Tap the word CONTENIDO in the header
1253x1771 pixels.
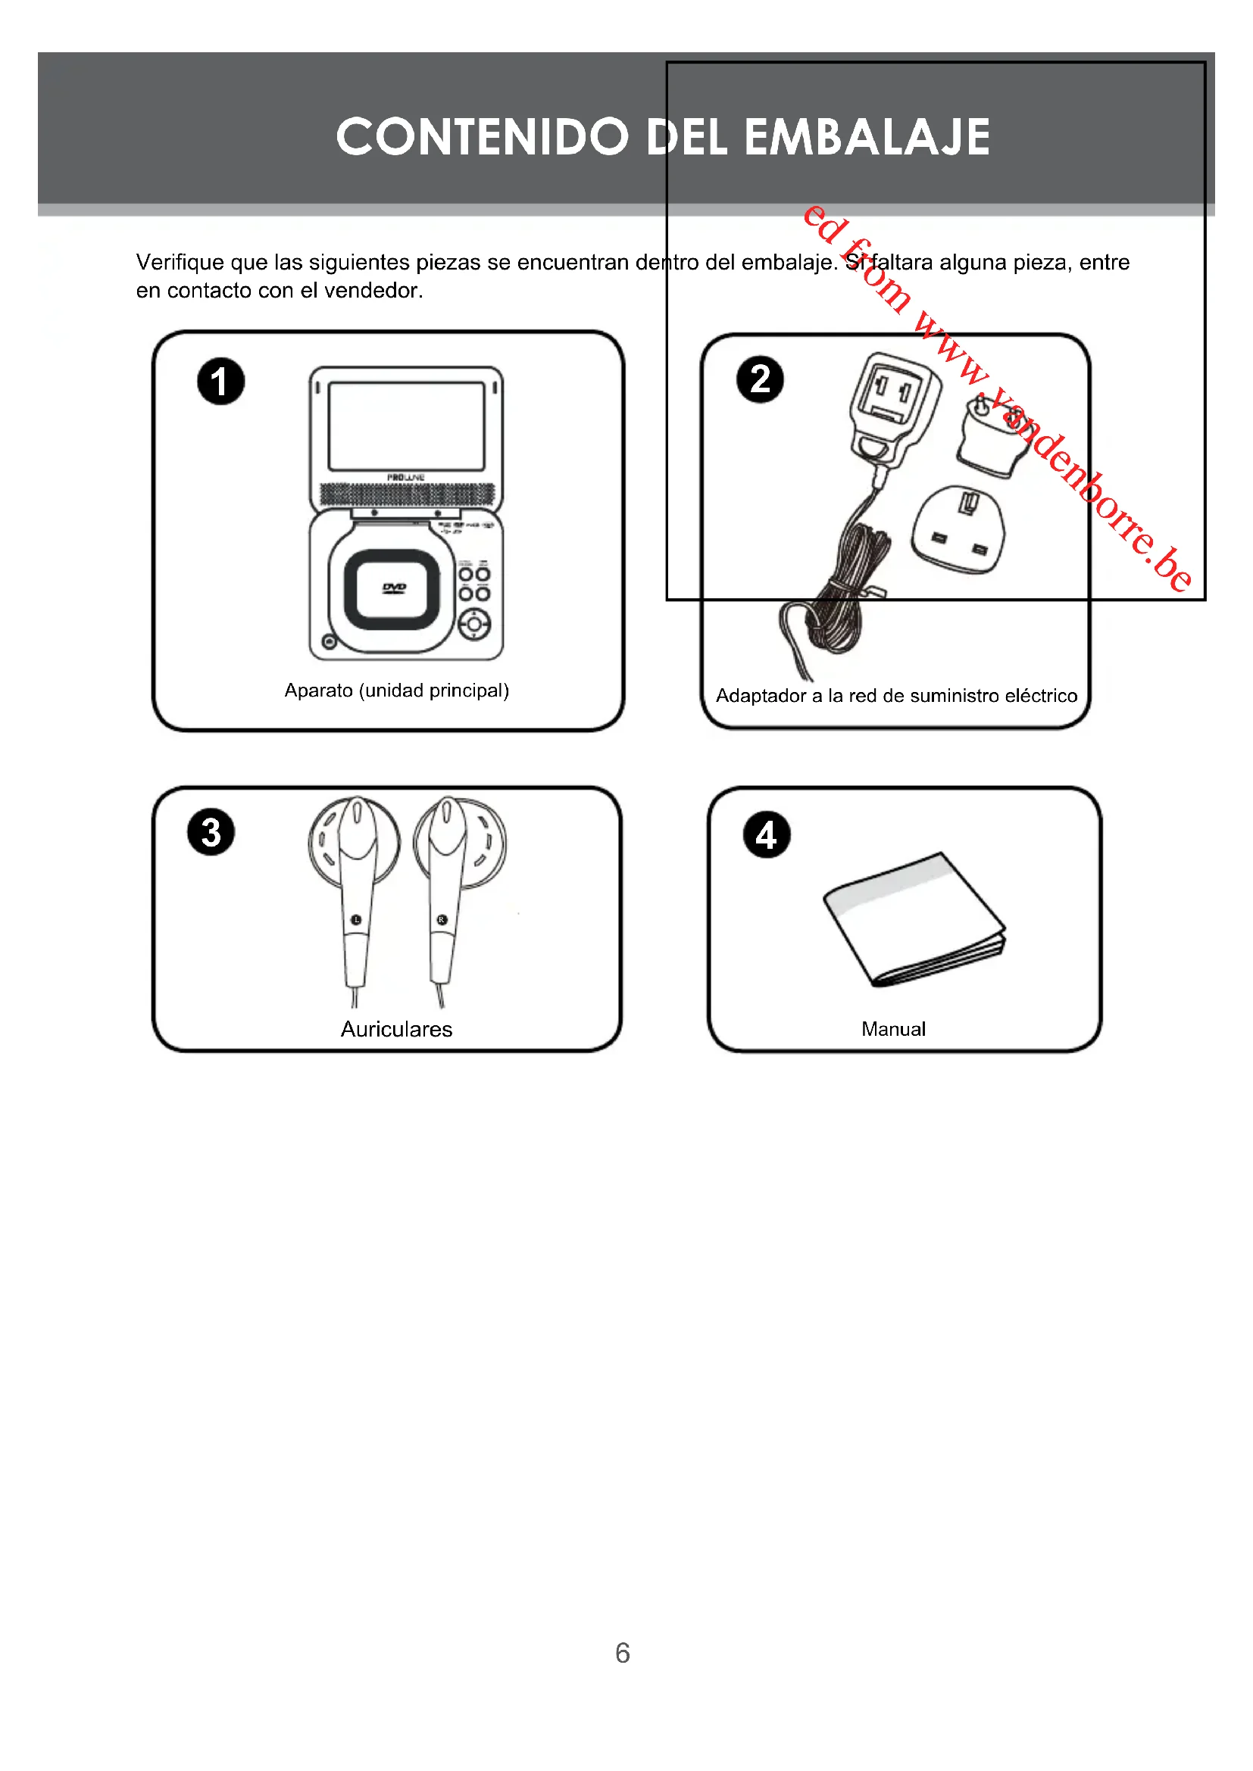pyautogui.click(x=483, y=137)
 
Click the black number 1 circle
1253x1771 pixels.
pyautogui.click(x=220, y=382)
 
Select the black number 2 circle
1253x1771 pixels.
pyautogui.click(x=760, y=379)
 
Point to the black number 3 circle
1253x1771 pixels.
pyautogui.click(x=211, y=832)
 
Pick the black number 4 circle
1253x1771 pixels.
pyautogui.click(x=766, y=834)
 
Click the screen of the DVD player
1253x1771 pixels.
pyautogui.click(x=407, y=426)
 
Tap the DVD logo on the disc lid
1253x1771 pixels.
pyautogui.click(x=394, y=588)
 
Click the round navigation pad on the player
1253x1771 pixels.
pyautogui.click(x=474, y=624)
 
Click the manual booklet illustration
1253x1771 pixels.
pyautogui.click(x=914, y=921)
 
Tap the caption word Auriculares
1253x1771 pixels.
pyautogui.click(x=396, y=1029)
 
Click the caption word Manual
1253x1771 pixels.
pyautogui.click(x=893, y=1029)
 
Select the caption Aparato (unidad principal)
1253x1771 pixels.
pyautogui.click(x=396, y=691)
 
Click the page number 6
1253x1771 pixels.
pyautogui.click(x=623, y=1653)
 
